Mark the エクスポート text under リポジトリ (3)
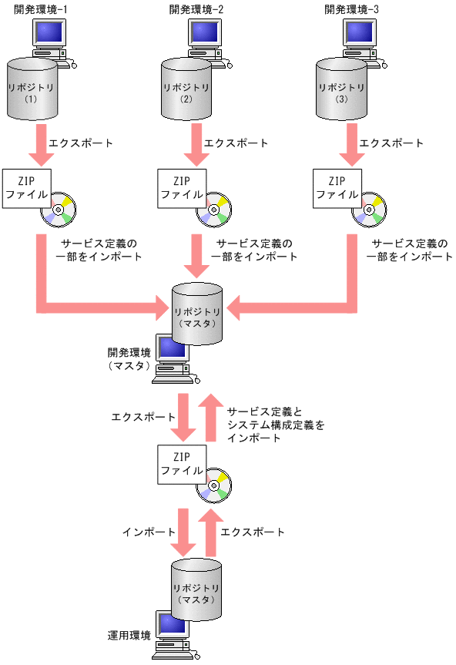point(392,143)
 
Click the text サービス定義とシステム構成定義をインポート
point(276,425)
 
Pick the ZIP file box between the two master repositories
point(182,465)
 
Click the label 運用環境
point(129,636)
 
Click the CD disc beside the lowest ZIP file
point(213,486)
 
